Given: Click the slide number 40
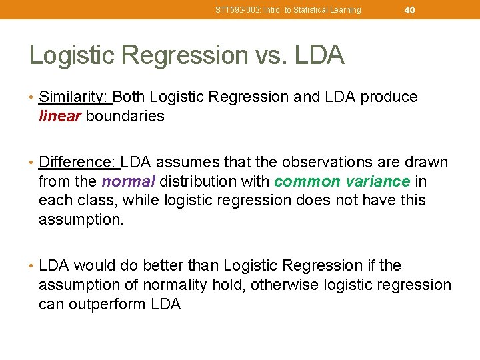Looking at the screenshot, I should [409, 9].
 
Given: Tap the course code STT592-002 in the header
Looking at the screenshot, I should [237, 10].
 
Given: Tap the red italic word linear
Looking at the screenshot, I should [60, 116].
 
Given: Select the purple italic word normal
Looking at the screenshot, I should [129, 181].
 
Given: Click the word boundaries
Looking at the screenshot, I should [125, 116].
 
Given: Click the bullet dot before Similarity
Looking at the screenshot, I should [32, 97].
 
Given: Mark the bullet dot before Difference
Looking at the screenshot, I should [32, 163].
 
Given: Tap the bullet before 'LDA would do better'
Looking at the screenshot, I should [32, 266].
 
